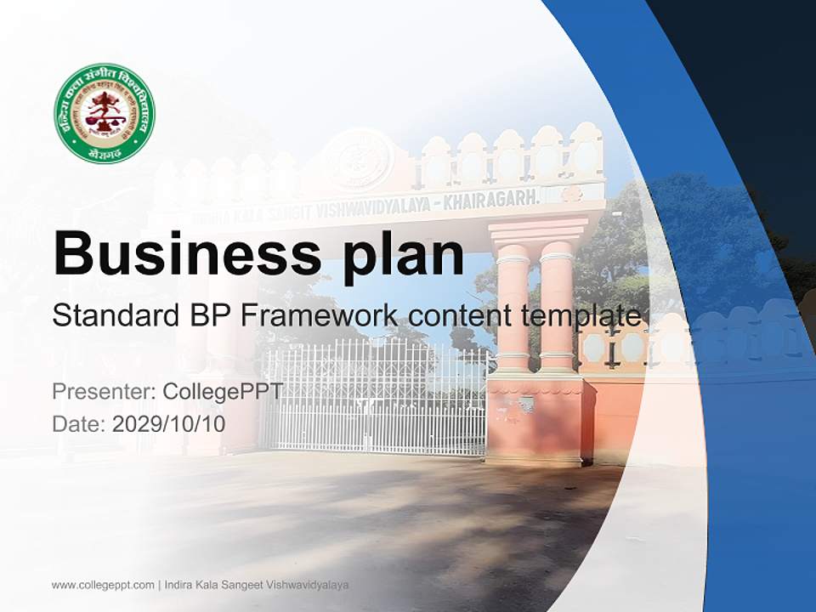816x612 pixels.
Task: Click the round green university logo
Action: pos(105,113)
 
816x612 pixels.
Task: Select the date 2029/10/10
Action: pos(169,423)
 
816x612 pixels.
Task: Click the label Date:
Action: pos(79,423)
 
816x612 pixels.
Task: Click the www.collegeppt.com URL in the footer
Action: pos(103,585)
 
